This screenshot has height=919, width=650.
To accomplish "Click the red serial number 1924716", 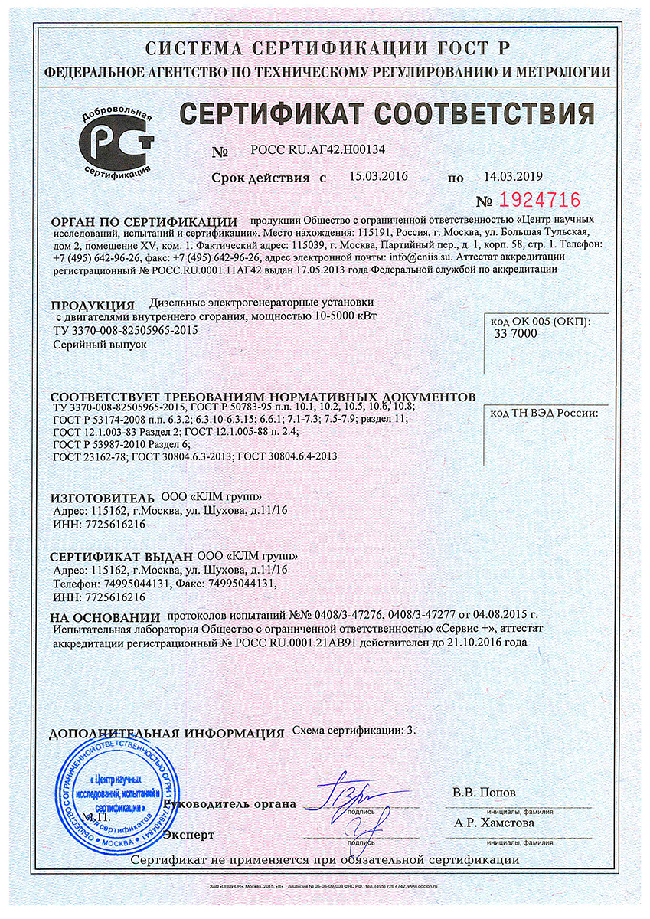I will pos(539,201).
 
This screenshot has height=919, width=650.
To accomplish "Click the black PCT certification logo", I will pos(118,142).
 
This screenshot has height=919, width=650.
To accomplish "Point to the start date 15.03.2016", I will pos(378,176).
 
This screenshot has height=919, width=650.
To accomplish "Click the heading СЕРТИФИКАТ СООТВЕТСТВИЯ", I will pos(387,113).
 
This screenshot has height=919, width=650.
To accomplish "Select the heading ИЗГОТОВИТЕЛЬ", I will pos(103,498).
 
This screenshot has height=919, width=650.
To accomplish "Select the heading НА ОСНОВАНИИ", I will pos(104,617).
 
